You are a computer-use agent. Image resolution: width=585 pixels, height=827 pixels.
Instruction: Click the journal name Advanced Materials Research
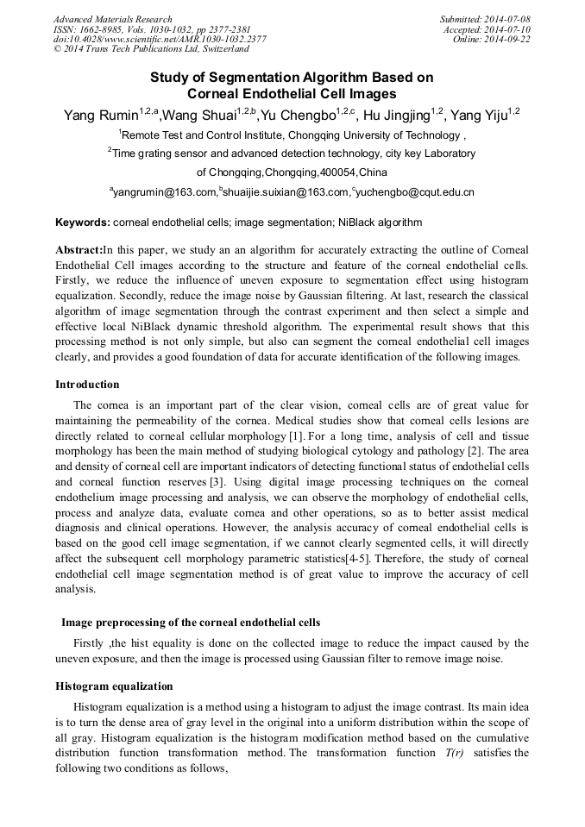click(113, 19)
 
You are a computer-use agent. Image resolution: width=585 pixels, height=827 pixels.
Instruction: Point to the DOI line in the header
click(160, 39)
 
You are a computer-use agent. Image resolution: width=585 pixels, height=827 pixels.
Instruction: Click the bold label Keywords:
click(83, 222)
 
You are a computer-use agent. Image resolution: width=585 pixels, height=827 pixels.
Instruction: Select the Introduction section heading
click(87, 385)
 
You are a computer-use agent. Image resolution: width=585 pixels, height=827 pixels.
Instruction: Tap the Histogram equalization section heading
click(114, 686)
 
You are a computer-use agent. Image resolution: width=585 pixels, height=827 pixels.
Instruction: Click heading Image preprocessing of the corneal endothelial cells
click(191, 623)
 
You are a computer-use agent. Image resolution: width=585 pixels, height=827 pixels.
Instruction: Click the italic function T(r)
click(452, 753)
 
